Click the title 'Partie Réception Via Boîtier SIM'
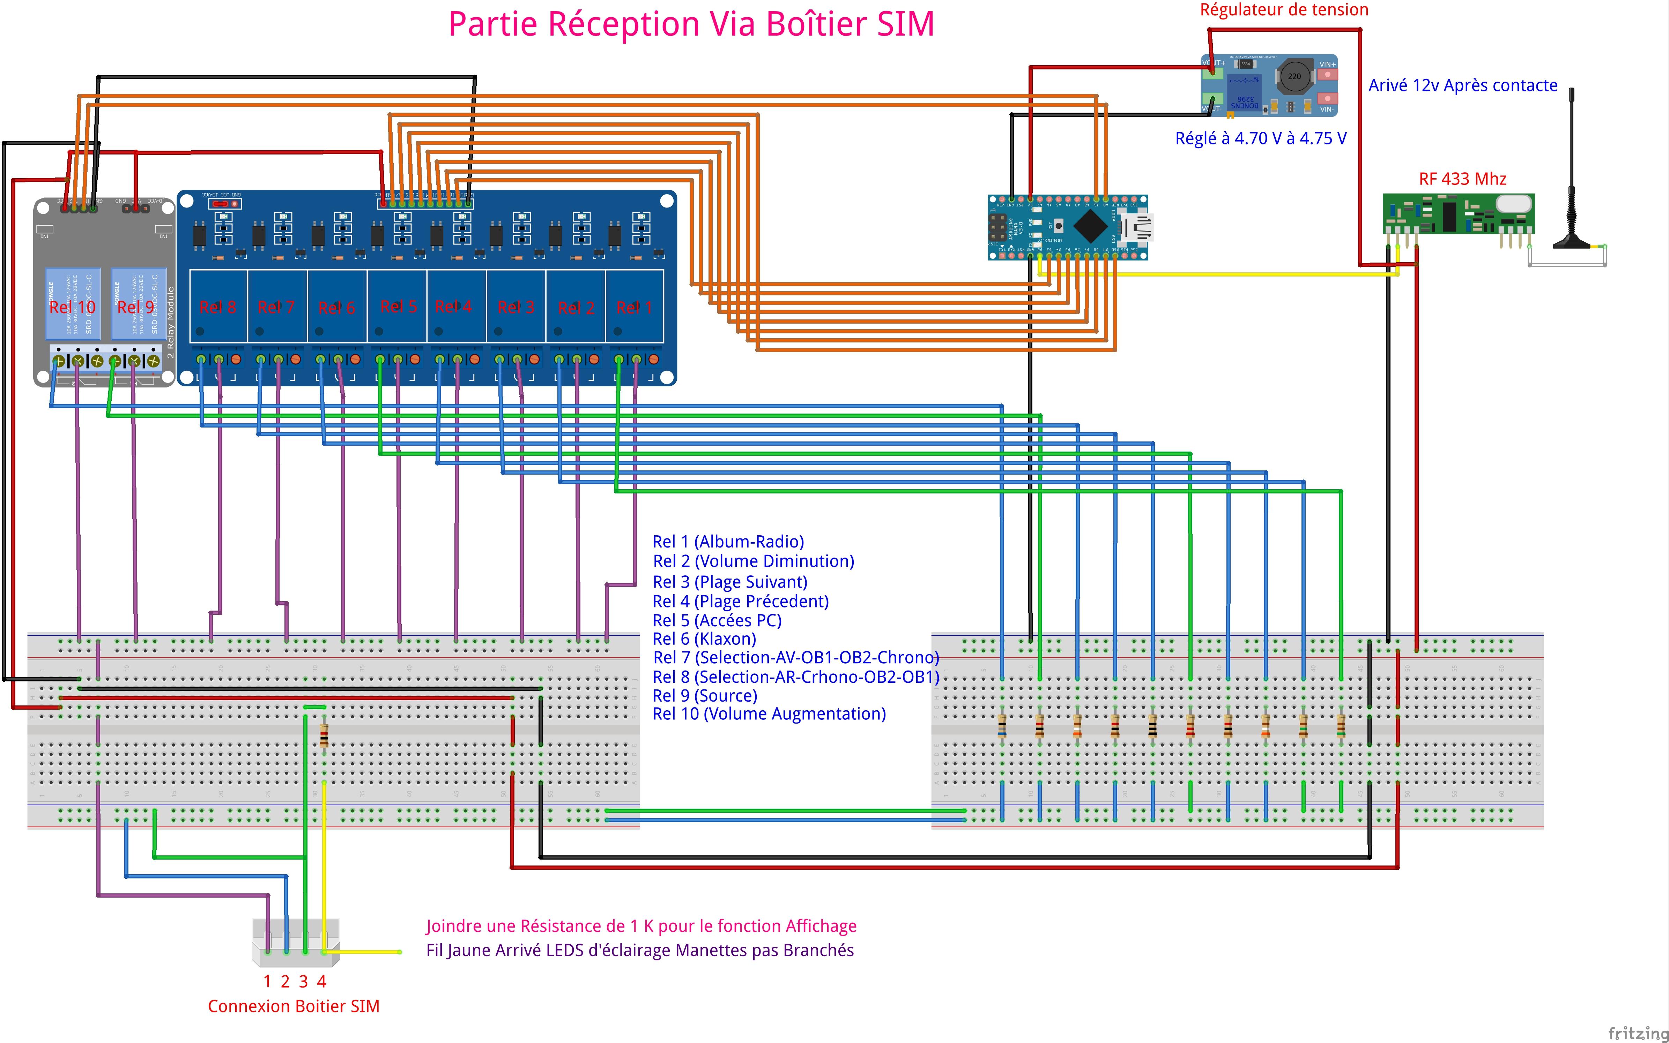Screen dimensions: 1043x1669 point(691,24)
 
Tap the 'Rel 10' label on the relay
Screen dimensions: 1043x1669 point(72,307)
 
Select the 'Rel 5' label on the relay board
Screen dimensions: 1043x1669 point(398,306)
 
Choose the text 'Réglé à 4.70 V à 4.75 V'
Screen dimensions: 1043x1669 point(1260,139)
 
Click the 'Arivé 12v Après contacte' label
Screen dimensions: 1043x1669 point(1463,85)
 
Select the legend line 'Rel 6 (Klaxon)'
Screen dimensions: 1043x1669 point(704,639)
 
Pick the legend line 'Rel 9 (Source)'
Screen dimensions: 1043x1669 point(705,695)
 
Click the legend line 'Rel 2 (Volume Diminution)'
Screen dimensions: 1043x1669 point(753,561)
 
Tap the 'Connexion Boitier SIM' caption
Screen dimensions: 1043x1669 point(294,1006)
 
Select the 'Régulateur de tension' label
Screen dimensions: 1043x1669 point(1284,10)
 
